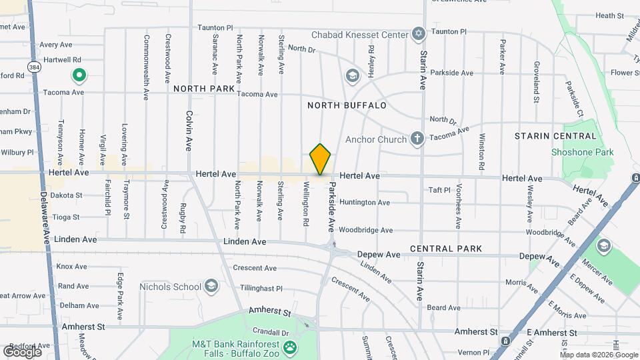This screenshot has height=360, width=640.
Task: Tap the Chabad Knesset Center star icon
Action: [x=419, y=33]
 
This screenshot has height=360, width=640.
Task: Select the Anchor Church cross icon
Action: [x=417, y=139]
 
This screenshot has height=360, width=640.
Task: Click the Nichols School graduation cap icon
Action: [x=211, y=287]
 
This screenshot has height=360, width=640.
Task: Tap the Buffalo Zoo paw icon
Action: [x=290, y=347]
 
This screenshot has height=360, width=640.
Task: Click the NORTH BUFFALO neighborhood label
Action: [x=347, y=105]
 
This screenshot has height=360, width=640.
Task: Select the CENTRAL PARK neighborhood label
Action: [x=446, y=249]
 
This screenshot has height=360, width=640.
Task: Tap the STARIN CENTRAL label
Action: [x=555, y=136]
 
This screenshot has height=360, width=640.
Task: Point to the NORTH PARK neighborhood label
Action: [x=204, y=89]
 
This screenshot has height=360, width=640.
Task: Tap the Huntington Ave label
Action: [x=364, y=202]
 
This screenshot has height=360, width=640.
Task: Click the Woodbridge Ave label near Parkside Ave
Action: [x=365, y=230]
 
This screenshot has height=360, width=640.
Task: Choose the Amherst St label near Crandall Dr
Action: [x=271, y=311]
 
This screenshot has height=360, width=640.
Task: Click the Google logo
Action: [x=22, y=351]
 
